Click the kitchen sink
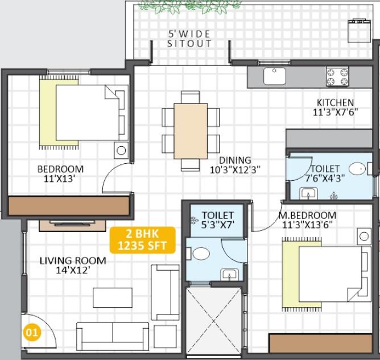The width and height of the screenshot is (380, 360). (x=275, y=76)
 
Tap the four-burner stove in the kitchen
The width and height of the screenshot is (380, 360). (x=337, y=76)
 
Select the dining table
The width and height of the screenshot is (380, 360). (x=191, y=131)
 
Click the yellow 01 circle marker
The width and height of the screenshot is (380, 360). (x=32, y=332)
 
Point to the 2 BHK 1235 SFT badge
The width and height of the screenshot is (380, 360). (x=142, y=240)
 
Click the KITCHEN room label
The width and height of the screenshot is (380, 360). (x=336, y=102)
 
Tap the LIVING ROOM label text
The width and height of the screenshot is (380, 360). (x=73, y=260)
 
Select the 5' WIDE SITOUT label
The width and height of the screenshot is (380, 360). (x=189, y=39)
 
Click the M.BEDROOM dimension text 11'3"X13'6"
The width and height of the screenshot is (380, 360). (x=306, y=225)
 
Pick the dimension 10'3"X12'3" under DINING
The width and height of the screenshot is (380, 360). (x=235, y=170)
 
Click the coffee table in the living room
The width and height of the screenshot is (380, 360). (x=113, y=297)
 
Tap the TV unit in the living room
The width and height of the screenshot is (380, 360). (x=72, y=226)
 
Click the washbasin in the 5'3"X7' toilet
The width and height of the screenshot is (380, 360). (x=229, y=275)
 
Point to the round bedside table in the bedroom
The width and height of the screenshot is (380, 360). (x=121, y=151)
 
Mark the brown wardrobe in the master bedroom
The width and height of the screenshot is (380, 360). (x=320, y=344)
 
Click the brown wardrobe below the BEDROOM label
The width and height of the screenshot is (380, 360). (x=69, y=206)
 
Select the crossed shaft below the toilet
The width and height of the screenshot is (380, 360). (x=213, y=321)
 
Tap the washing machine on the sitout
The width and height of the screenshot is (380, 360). (x=360, y=31)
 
